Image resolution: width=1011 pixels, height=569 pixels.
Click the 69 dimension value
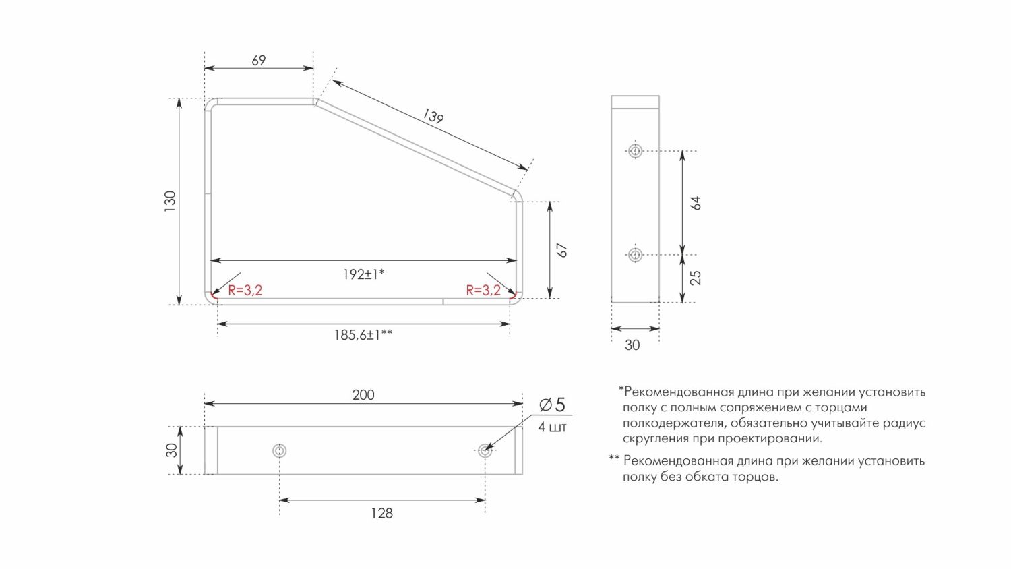[259, 61]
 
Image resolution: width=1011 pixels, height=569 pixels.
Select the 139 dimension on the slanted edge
[433, 116]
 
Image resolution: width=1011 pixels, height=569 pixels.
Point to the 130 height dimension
[170, 201]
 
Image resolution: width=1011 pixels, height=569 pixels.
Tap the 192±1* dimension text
[363, 274]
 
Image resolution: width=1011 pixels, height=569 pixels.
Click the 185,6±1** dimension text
[363, 334]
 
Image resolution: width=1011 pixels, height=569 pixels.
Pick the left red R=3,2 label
[245, 291]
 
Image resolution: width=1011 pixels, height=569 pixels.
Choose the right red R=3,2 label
[483, 291]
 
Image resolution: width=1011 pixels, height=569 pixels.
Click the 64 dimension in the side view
[696, 203]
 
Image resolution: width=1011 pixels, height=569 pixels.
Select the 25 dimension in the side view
[696, 278]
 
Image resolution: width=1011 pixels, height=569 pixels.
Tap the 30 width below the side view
[632, 345]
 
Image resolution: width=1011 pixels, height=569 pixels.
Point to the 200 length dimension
[363, 395]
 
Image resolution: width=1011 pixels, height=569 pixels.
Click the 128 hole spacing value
[381, 514]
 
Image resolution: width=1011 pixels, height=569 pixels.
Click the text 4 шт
[553, 427]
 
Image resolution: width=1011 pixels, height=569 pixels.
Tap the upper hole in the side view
[634, 150]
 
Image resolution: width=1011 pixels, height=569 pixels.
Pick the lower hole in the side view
[634, 255]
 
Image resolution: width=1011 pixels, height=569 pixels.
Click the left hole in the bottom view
[280, 450]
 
